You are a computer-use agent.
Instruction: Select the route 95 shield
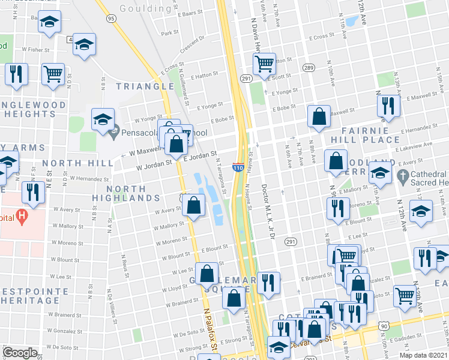click(111, 19)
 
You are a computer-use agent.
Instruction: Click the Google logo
click(20, 353)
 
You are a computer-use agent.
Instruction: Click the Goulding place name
click(145, 8)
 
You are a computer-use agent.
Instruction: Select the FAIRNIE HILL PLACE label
click(366, 135)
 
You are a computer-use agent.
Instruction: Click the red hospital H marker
click(22, 214)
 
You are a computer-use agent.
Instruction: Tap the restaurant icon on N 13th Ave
click(388, 105)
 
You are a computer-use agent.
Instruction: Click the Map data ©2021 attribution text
click(423, 355)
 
